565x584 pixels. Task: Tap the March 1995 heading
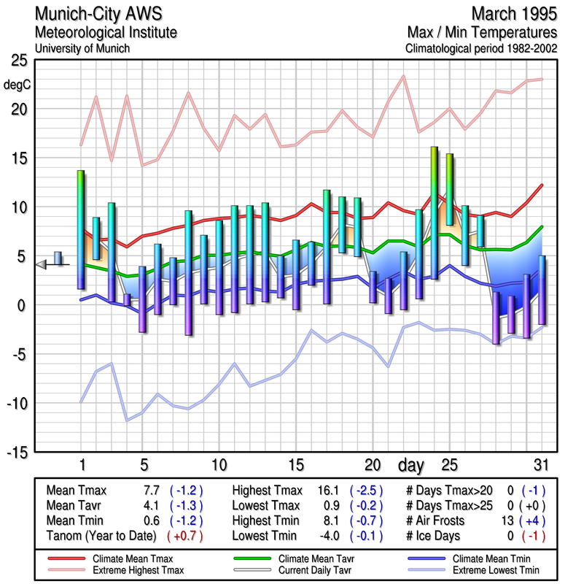513,14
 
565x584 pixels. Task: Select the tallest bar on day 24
434,212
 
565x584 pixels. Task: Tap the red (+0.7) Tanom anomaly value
185,536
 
